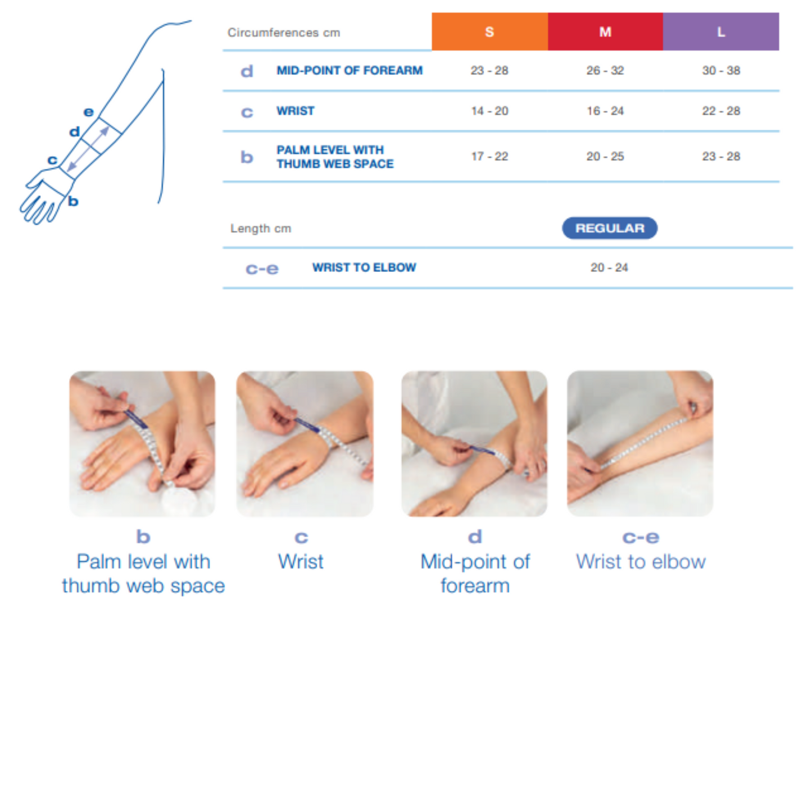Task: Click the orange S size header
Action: [x=489, y=32]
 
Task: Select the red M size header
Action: [x=605, y=32]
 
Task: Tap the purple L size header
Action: [x=721, y=32]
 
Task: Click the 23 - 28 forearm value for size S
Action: [x=489, y=71]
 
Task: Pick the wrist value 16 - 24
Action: [x=605, y=111]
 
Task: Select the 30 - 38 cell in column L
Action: [x=721, y=71]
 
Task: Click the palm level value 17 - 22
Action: [x=489, y=157]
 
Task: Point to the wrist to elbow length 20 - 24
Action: [x=609, y=268]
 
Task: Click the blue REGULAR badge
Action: [x=610, y=228]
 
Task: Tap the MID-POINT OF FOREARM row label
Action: [x=349, y=71]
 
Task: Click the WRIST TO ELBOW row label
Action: [x=364, y=268]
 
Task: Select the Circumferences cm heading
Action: [x=284, y=33]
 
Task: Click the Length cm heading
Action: [x=261, y=229]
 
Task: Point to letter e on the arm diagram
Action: [x=88, y=112]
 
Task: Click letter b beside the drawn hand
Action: [x=73, y=201]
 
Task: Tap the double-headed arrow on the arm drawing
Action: [x=88, y=149]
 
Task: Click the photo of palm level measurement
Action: [x=142, y=443]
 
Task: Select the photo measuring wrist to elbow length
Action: [x=640, y=443]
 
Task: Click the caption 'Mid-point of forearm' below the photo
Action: [x=475, y=573]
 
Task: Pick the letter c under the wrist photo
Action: [x=301, y=538]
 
